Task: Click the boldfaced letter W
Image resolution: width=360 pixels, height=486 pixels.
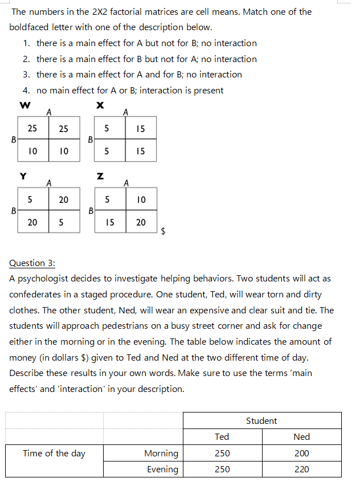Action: [x=24, y=105]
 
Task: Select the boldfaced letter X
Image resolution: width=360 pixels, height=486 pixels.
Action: [x=100, y=105]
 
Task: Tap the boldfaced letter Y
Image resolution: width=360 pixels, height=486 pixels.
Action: [x=23, y=176]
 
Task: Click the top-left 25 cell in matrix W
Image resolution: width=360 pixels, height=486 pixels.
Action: [x=32, y=129]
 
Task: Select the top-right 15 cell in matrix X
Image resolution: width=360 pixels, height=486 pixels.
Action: [x=141, y=129]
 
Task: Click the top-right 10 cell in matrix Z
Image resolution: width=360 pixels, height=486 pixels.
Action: [x=141, y=199]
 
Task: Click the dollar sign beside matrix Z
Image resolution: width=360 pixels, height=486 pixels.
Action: [x=164, y=231]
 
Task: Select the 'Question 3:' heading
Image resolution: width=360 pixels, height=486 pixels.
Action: [x=32, y=263]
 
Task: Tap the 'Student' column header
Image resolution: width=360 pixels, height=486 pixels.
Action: [x=261, y=420]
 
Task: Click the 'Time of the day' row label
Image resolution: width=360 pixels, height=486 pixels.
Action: [x=54, y=453]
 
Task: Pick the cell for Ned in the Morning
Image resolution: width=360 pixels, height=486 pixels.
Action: [x=301, y=453]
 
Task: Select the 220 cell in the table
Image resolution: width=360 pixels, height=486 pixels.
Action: [x=301, y=469]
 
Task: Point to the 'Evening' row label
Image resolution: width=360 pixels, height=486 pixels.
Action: [x=162, y=469]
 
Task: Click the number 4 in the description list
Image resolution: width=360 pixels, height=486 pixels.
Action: [x=26, y=90]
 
